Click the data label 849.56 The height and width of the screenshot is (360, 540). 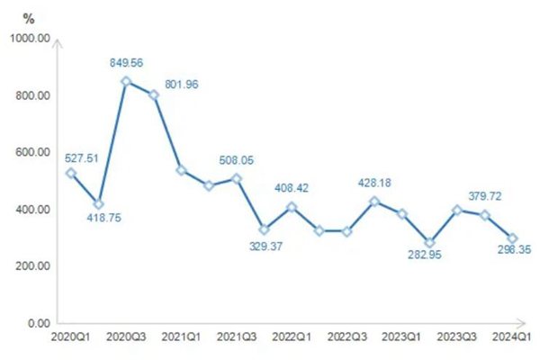click(x=126, y=63)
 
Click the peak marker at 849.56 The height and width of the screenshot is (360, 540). click(x=126, y=81)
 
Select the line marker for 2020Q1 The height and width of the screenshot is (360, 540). click(x=71, y=173)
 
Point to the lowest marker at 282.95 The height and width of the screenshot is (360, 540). click(x=429, y=243)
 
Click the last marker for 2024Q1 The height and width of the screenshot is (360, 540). click(x=512, y=238)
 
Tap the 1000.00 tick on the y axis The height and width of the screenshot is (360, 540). click(x=30, y=39)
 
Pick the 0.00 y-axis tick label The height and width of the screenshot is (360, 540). click(x=38, y=322)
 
